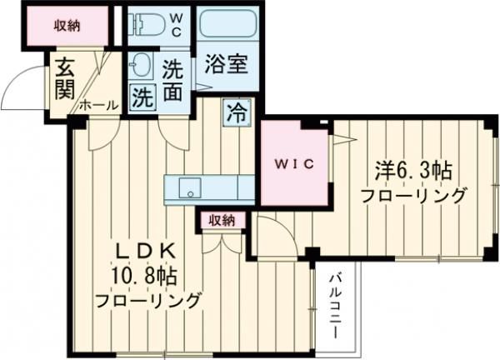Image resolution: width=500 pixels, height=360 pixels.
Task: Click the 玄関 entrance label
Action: point(64,77)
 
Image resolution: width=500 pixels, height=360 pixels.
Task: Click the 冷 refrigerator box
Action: point(236,111)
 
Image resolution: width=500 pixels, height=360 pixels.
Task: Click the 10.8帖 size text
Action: point(144,275)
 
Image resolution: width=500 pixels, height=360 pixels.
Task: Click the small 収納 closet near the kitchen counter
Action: point(222,221)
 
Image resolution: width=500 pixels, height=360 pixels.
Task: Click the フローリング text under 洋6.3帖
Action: point(412,197)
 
